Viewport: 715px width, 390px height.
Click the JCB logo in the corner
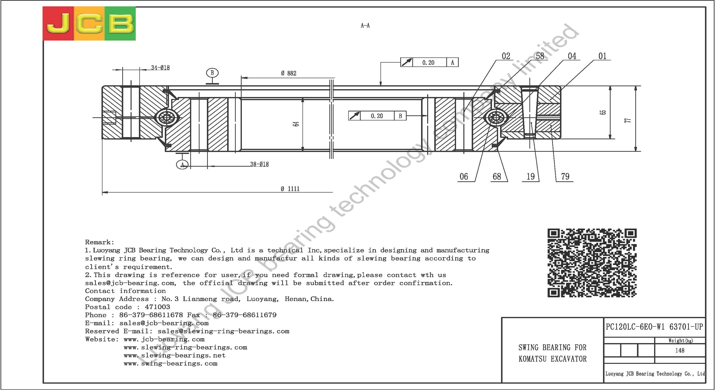pos(89,23)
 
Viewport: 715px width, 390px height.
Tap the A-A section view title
pos(365,25)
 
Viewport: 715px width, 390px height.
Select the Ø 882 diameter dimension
pos(289,73)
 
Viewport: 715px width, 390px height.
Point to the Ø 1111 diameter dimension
pos(290,189)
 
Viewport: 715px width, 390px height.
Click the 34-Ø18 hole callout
pos(160,68)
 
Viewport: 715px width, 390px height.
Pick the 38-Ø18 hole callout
pos(259,164)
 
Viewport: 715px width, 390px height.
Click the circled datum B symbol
pos(212,73)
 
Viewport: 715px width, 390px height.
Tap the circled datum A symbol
pos(182,165)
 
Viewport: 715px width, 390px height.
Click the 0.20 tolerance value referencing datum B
pos(377,116)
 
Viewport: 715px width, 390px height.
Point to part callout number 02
pos(506,56)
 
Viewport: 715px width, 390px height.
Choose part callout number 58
pos(540,56)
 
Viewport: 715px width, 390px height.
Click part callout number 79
pos(565,176)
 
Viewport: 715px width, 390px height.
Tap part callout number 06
pos(464,176)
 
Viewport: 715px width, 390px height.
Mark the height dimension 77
pos(628,120)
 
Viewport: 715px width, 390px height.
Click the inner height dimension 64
pos(296,124)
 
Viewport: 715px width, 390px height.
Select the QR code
pos(592,263)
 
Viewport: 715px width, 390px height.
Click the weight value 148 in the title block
pos(680,350)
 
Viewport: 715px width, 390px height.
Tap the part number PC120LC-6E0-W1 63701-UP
pos(654,327)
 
